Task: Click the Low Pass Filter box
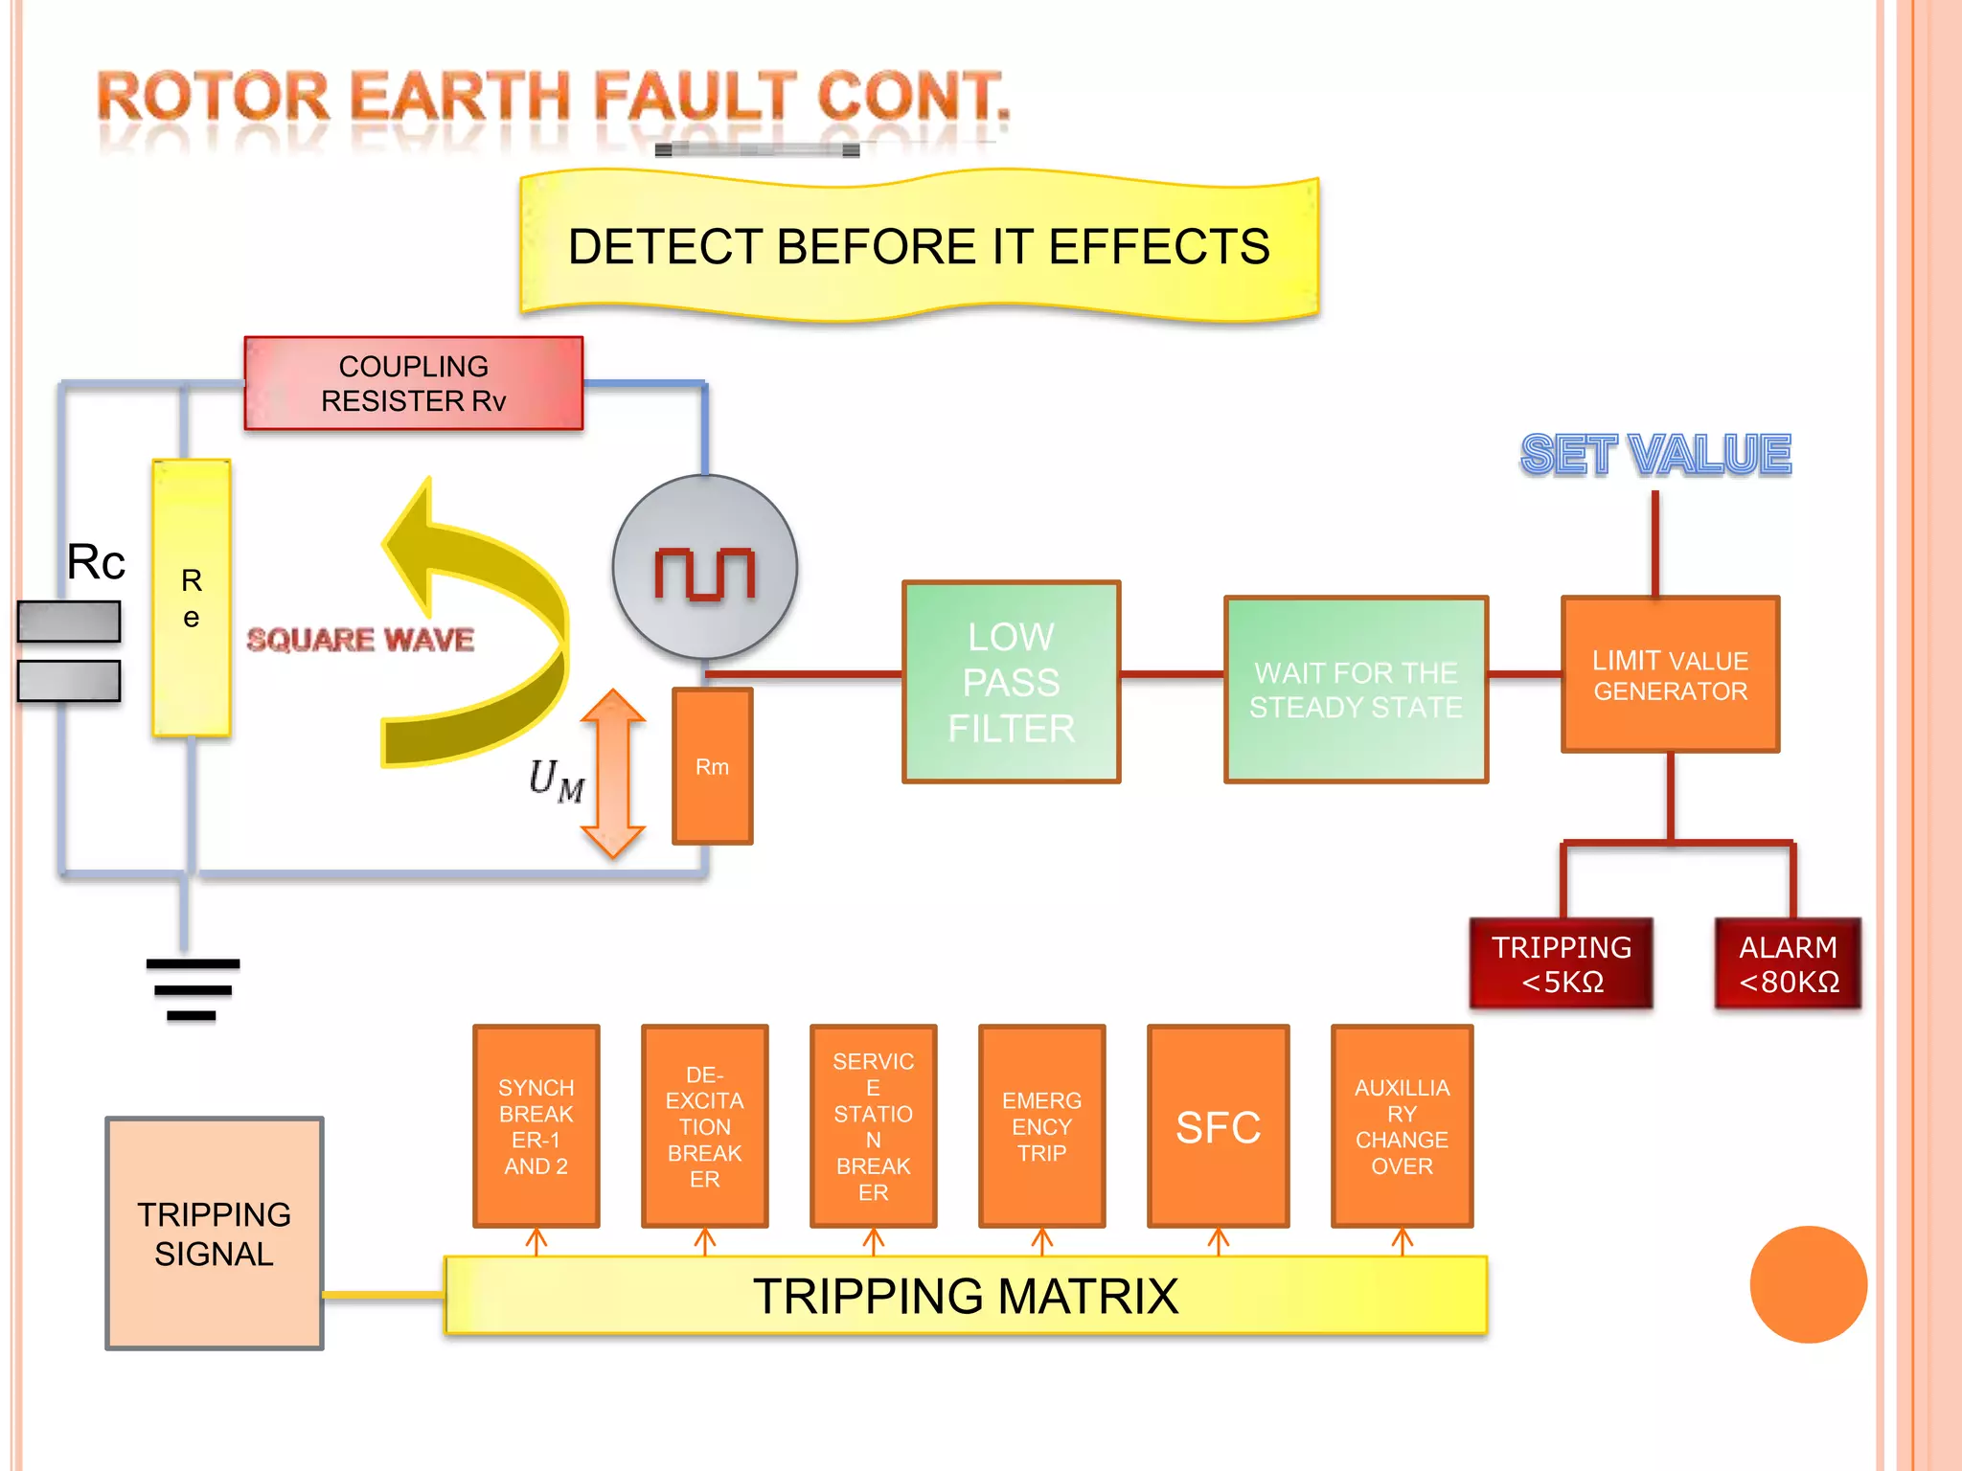click(x=1011, y=682)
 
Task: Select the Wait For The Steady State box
click(x=1356, y=690)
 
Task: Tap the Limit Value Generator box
click(x=1670, y=675)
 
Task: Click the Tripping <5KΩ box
click(x=1562, y=963)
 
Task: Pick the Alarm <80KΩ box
click(x=1788, y=963)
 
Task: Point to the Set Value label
click(x=1655, y=454)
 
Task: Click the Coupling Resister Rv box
click(x=413, y=383)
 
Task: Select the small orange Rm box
click(x=712, y=766)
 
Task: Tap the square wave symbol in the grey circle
click(x=705, y=573)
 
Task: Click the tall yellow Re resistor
click(x=192, y=599)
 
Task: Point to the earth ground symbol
click(x=193, y=988)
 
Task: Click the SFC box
click(x=1218, y=1126)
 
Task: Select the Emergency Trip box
click(x=1041, y=1126)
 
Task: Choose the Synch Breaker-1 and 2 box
click(x=536, y=1126)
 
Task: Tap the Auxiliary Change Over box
click(x=1402, y=1126)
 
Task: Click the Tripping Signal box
click(x=214, y=1233)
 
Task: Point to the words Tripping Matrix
click(x=965, y=1296)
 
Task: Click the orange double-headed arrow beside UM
click(x=613, y=774)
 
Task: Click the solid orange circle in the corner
click(x=1808, y=1284)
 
